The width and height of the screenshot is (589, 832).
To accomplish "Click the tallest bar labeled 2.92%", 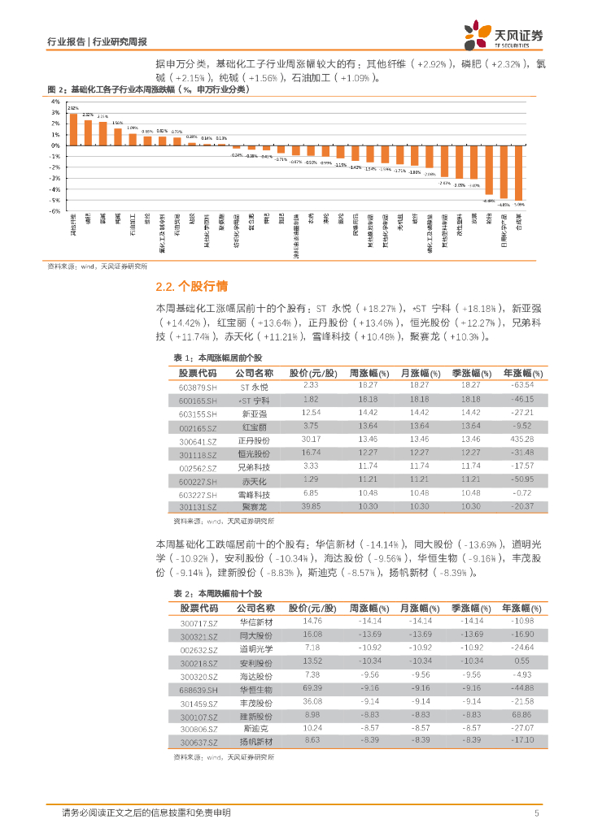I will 73,128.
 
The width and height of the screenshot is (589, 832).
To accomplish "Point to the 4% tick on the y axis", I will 55,102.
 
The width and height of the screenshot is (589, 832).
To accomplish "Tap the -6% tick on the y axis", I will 55,211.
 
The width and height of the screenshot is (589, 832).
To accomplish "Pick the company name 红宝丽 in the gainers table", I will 255,427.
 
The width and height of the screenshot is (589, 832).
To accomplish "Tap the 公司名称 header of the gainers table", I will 255,373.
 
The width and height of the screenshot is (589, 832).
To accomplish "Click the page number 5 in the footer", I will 536,812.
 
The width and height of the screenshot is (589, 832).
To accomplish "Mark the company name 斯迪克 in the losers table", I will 255,729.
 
